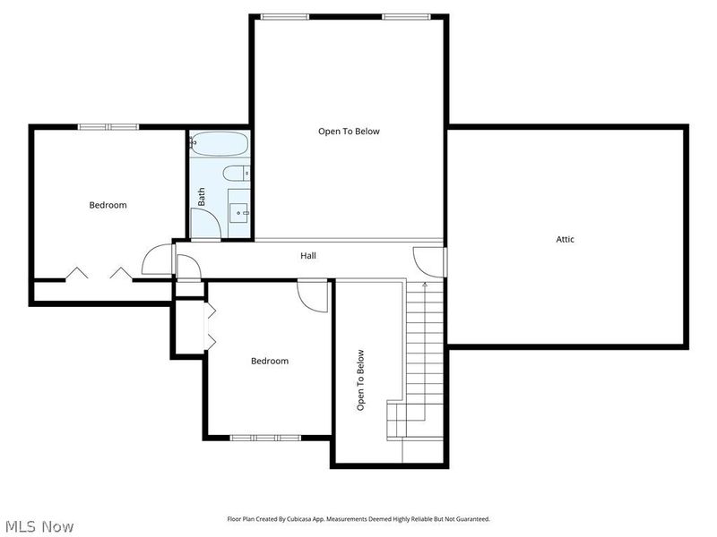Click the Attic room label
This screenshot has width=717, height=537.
click(566, 239)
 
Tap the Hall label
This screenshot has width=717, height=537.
click(307, 256)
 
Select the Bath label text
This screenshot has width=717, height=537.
click(202, 197)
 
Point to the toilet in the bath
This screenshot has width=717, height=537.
click(236, 174)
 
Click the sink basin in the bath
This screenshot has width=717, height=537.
click(239, 211)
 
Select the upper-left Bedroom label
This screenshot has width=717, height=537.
click(108, 205)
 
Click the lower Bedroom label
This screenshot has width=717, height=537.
click(269, 361)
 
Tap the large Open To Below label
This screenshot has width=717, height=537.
click(349, 132)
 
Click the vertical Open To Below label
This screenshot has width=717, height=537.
click(361, 379)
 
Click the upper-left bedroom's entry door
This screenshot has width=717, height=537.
click(157, 260)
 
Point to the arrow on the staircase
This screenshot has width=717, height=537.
click(423, 285)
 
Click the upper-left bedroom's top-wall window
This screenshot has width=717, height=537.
click(108, 126)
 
